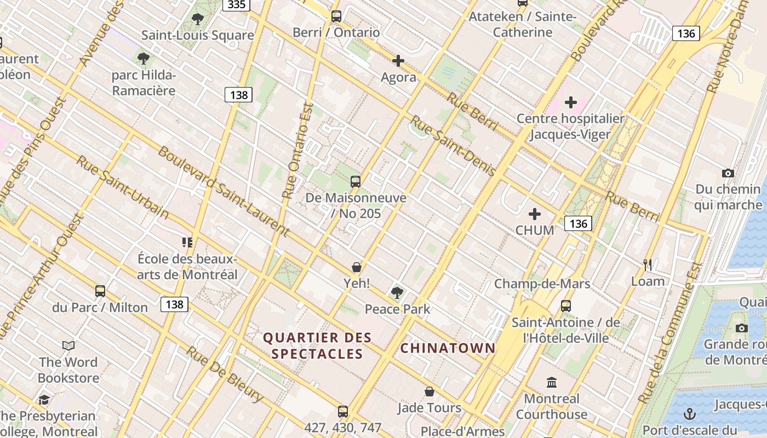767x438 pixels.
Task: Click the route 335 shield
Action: point(237,4)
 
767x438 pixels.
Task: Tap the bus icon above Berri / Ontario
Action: point(336,16)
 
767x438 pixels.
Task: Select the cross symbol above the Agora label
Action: point(398,61)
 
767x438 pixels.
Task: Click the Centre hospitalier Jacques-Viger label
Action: point(570,126)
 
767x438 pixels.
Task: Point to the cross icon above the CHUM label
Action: point(535,214)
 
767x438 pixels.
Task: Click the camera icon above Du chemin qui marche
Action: point(728,174)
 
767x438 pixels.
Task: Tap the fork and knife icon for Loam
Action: point(648,265)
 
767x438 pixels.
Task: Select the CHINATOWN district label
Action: point(448,348)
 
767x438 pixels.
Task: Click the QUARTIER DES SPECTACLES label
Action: point(317,345)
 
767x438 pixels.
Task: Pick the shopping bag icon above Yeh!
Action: point(357,267)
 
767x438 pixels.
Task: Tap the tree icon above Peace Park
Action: point(397,293)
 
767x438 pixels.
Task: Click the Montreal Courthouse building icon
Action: point(552,382)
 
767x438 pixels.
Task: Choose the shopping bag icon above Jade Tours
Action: point(430,392)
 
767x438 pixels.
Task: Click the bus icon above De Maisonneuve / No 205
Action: point(356,181)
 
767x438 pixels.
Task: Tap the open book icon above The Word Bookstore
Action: point(68,345)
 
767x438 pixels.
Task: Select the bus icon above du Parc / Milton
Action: point(100,291)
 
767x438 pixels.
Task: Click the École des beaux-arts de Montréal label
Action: point(187,267)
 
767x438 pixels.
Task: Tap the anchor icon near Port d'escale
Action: point(690,413)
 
